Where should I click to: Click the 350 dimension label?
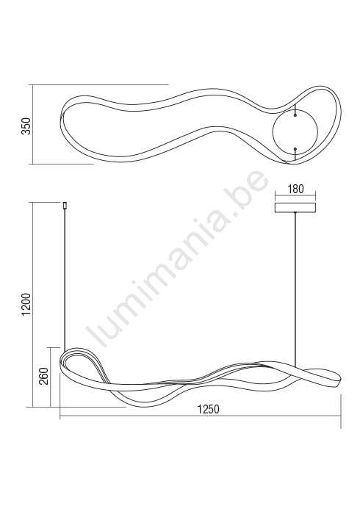(26, 126)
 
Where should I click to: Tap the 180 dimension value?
(295, 189)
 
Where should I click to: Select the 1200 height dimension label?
(26, 305)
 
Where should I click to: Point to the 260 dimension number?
(44, 376)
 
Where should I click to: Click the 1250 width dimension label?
(208, 410)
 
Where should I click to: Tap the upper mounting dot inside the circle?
(295, 115)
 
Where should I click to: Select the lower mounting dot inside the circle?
(295, 149)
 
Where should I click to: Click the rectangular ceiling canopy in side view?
(295, 208)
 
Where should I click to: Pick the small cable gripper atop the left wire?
(65, 205)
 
